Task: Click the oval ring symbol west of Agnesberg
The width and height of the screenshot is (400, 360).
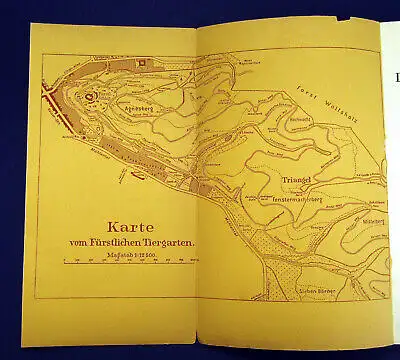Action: (x=90, y=97)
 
